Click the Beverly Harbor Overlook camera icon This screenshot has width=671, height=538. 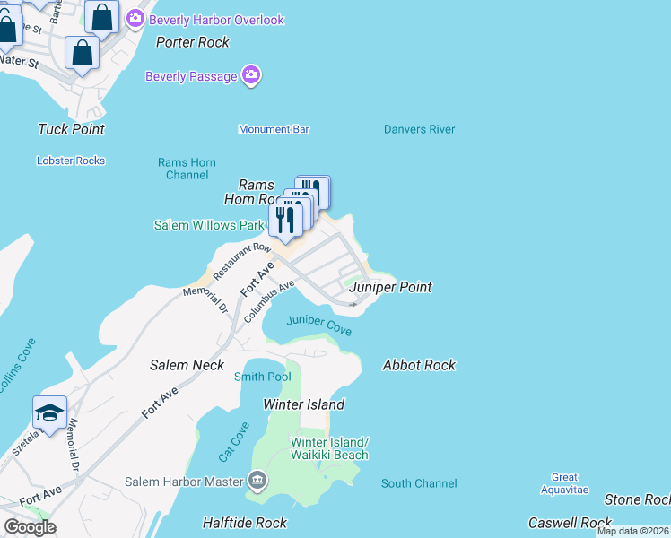(x=135, y=18)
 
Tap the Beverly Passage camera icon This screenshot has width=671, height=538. (x=252, y=76)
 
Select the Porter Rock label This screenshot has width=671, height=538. (x=192, y=42)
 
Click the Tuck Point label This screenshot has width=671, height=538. (x=71, y=129)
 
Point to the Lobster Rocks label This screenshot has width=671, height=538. (x=71, y=161)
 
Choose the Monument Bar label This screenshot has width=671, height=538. (x=274, y=129)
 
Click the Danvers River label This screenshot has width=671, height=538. (x=419, y=129)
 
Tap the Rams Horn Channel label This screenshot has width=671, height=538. (x=187, y=169)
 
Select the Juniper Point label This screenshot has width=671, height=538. (x=390, y=287)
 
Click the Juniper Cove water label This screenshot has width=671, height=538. (x=318, y=325)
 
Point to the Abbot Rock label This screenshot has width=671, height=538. (x=419, y=365)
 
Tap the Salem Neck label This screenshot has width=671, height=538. (x=187, y=365)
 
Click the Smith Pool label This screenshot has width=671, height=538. (x=262, y=377)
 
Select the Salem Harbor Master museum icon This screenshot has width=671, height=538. (x=258, y=482)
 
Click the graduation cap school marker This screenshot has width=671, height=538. (x=50, y=412)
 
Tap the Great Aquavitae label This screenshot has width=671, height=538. (x=565, y=483)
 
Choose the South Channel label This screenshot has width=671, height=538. (x=419, y=483)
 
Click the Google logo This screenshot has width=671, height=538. (x=30, y=526)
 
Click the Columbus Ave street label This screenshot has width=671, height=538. (x=269, y=301)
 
